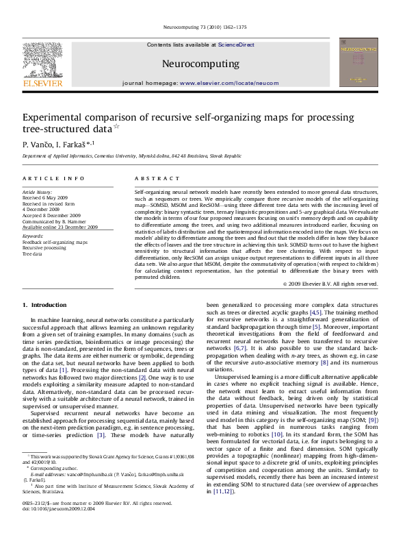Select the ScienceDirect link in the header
point(236,45)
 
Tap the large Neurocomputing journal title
point(200,64)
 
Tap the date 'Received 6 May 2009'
point(47,199)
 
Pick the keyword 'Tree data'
point(32,254)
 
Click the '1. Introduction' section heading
point(44,304)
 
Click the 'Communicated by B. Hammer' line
point(53,221)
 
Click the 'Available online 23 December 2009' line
point(60,226)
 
